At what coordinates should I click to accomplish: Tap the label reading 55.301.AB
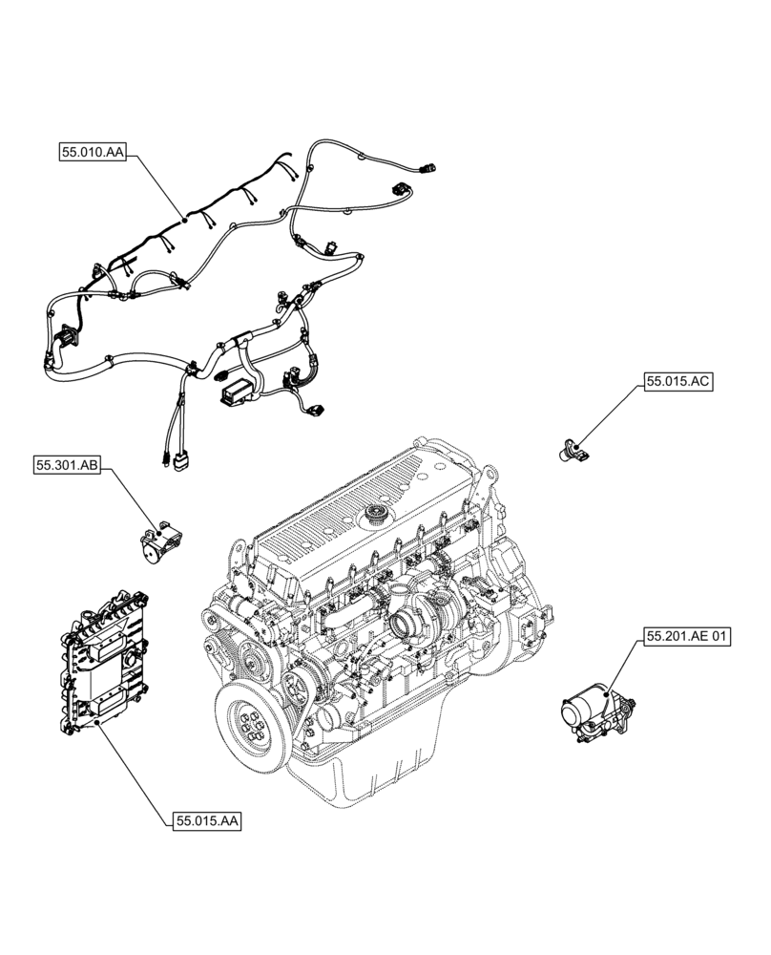(66, 465)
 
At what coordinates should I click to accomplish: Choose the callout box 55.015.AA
(207, 820)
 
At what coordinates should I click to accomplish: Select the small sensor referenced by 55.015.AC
(573, 446)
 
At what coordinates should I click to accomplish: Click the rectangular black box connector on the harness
(237, 389)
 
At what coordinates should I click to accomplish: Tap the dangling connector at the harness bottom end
(178, 463)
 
